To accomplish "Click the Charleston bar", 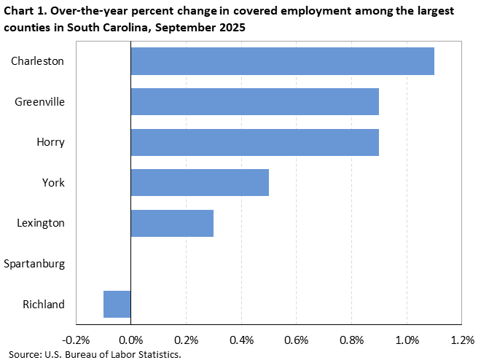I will click(282, 61).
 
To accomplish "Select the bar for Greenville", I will click(254, 101).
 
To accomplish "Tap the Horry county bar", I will click(254, 141).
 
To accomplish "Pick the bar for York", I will click(200, 182).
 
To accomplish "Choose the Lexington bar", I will click(172, 222).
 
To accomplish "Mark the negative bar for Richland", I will click(117, 304).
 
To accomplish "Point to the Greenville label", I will click(40, 101).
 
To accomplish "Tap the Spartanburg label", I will click(34, 263).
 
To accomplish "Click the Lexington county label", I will click(41, 222).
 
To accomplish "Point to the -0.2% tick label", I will click(76, 340).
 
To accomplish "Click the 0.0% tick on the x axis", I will click(131, 340).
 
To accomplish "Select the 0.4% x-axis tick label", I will click(241, 340).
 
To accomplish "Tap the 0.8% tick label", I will click(351, 340).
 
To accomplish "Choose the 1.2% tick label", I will click(462, 340).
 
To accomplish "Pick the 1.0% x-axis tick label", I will click(407, 340).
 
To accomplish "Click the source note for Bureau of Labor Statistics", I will click(95, 354).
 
